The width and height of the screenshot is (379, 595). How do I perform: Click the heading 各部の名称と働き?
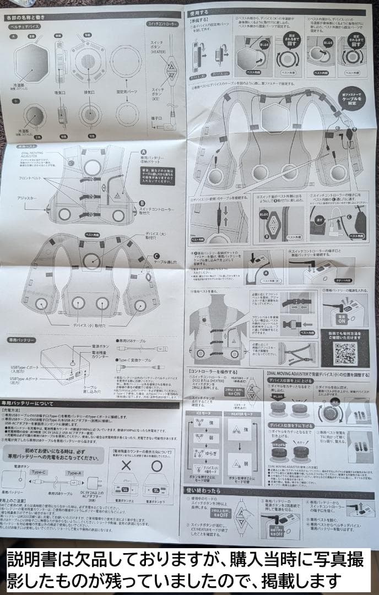pyautogui.click(x=30, y=17)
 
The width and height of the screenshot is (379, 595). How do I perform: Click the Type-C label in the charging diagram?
pyautogui.click(x=39, y=472)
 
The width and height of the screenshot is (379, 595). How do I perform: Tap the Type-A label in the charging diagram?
pyautogui.click(x=73, y=473)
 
